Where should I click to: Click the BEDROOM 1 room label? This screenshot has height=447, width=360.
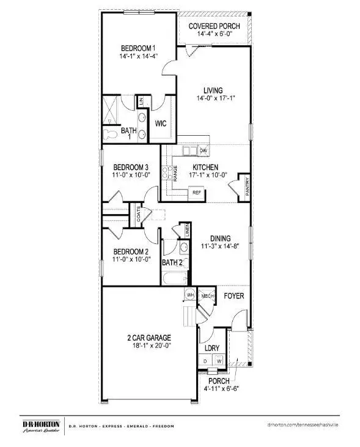point(138,48)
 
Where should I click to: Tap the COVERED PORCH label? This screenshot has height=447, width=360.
point(214,26)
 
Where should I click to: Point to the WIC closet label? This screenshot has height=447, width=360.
point(161,124)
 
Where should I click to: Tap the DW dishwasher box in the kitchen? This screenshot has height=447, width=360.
point(203,150)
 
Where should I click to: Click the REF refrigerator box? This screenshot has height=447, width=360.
point(197,193)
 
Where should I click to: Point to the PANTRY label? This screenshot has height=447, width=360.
point(246,185)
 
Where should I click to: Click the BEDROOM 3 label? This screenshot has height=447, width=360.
point(131,167)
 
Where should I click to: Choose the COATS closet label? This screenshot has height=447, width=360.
point(139,215)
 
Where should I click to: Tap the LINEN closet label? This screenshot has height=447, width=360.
point(188,231)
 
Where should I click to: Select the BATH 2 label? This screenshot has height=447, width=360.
point(172,263)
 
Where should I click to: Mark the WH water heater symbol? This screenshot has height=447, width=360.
point(189,295)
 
